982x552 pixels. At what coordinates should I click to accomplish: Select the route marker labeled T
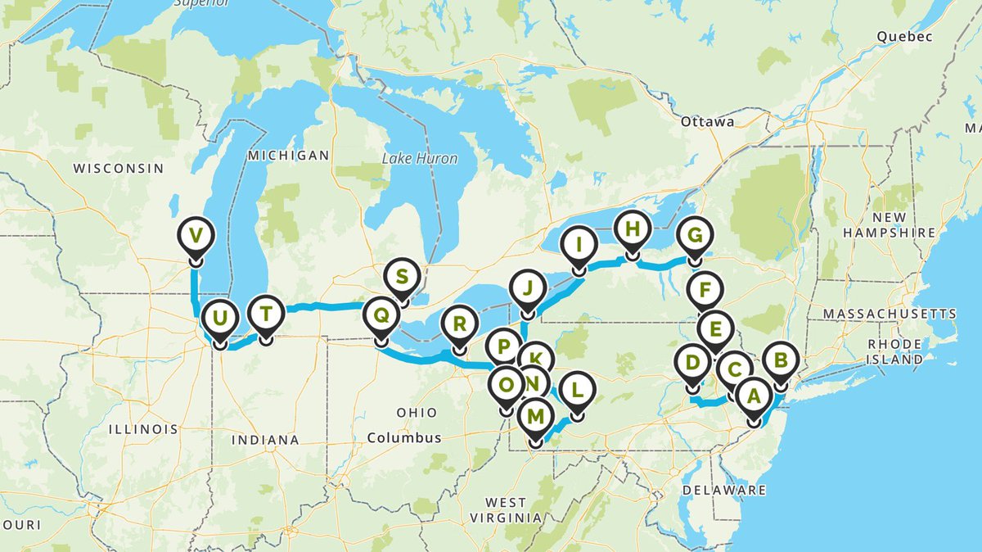pos(266,312)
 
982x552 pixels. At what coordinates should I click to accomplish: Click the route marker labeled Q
pos(381,314)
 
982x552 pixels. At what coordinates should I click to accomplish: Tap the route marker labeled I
pos(579,244)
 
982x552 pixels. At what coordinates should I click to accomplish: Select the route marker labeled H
pos(631,229)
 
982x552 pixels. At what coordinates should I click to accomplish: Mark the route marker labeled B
pos(780,360)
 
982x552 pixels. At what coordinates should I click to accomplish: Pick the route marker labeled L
pos(577,391)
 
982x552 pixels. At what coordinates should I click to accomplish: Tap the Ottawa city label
pos(707,121)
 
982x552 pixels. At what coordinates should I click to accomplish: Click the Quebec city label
pos(903,37)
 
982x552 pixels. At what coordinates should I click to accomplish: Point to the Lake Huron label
pos(419,158)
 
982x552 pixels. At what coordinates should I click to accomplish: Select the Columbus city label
pos(404,437)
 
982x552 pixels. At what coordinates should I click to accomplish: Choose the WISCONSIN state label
pos(118,168)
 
